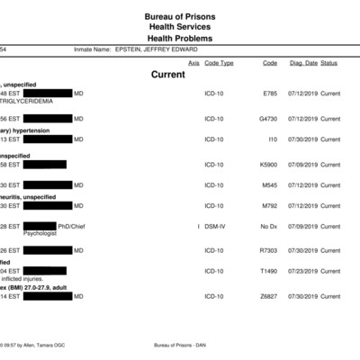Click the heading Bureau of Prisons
click(179, 17)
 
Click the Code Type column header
click(219, 63)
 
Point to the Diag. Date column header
click(302, 63)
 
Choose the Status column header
click(329, 63)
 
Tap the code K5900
click(269, 164)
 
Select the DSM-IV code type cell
click(216, 226)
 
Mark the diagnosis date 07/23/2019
click(302, 271)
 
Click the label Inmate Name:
click(91, 49)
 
